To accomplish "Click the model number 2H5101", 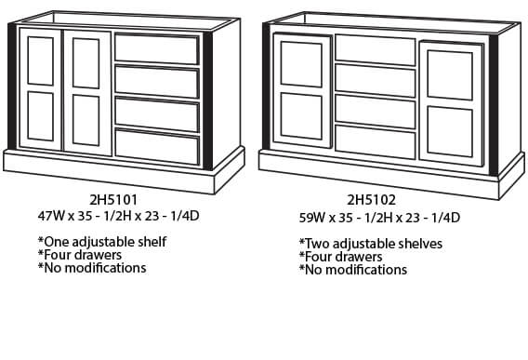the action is pos(113,200).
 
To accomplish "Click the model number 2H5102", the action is pos(371,200).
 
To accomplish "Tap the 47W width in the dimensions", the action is pos(51,216).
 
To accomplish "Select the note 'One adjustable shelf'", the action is pos(102,242).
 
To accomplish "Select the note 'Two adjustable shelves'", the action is pos(371,244).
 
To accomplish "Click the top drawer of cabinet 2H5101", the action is pos(157,48).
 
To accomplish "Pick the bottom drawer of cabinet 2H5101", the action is pos(157,146).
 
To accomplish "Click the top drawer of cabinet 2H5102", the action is pos(376,50).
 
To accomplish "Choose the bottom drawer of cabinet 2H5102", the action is pos(376,141).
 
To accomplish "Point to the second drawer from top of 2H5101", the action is pos(157,82).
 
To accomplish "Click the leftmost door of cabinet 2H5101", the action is pos(40,89).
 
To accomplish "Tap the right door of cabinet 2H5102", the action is pos(451,104).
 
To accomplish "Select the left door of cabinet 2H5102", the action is pos(302,90).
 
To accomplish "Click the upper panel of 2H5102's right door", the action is pos(450,75).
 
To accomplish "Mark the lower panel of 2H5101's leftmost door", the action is pos(40,116).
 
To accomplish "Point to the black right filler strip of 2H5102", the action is pos(494,105).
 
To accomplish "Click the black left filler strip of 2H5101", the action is pos(12,87).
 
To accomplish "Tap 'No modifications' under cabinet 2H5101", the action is pos(92,268).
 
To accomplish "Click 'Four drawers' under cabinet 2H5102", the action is pos(340,257).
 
